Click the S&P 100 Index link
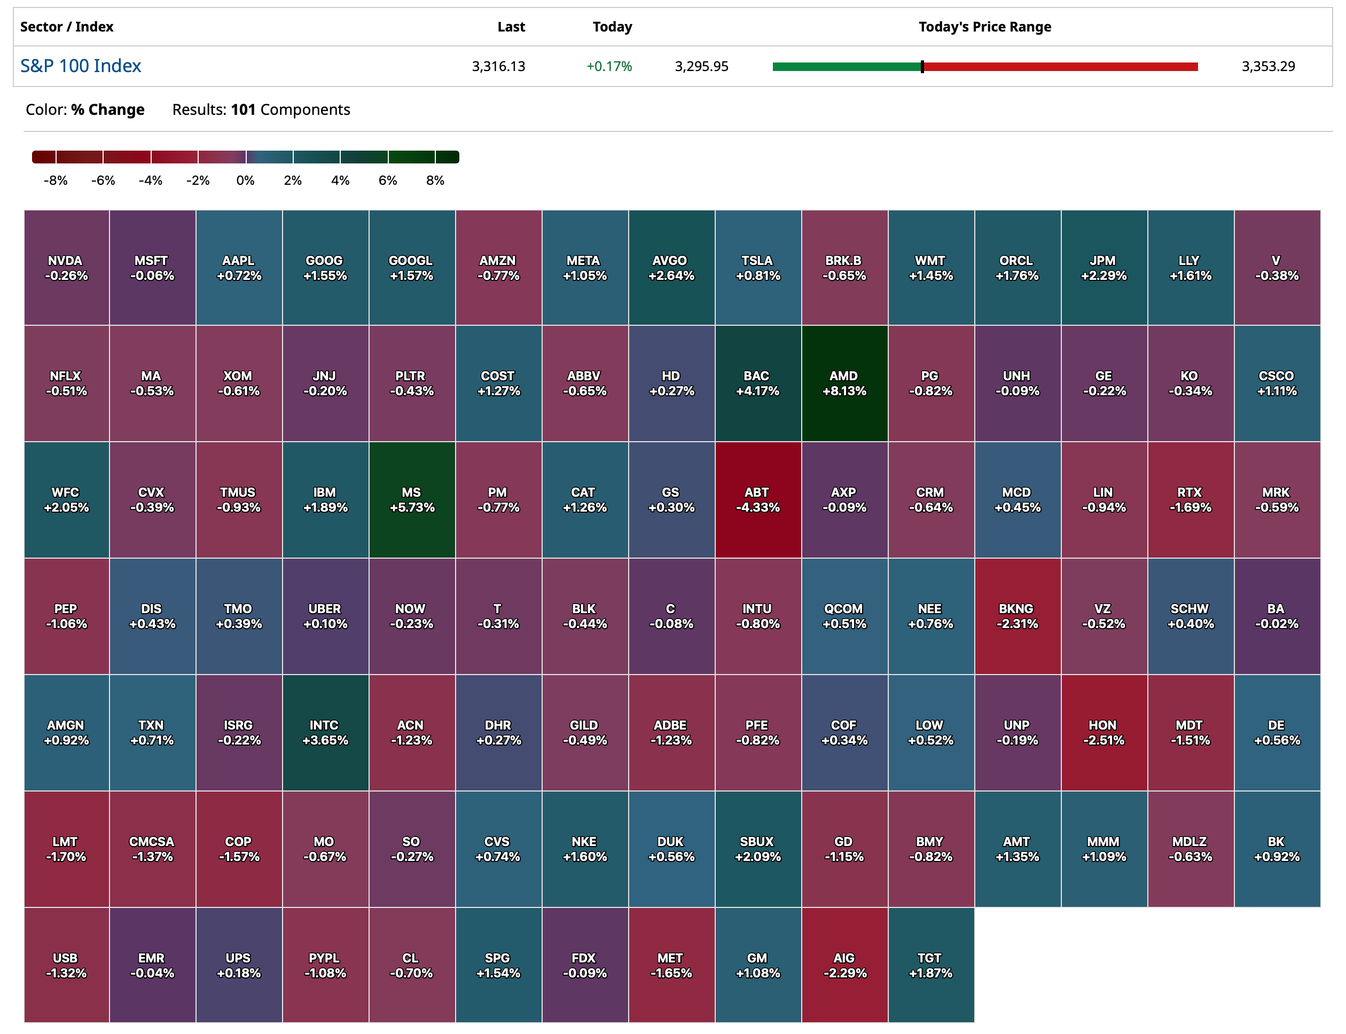point(81,66)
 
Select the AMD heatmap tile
point(844,383)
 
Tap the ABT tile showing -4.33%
point(757,499)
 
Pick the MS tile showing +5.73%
point(412,499)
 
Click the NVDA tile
point(66,268)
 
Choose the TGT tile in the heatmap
point(930,965)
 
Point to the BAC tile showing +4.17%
point(757,383)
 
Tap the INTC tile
point(325,732)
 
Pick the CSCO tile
point(1277,383)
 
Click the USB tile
point(66,965)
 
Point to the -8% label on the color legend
point(56,181)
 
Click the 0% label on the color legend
point(245,181)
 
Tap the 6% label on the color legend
point(388,181)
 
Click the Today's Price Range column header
point(984,27)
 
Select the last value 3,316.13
point(498,66)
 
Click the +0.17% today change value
point(609,66)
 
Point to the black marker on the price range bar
point(922,66)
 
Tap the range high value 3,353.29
point(1268,66)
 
